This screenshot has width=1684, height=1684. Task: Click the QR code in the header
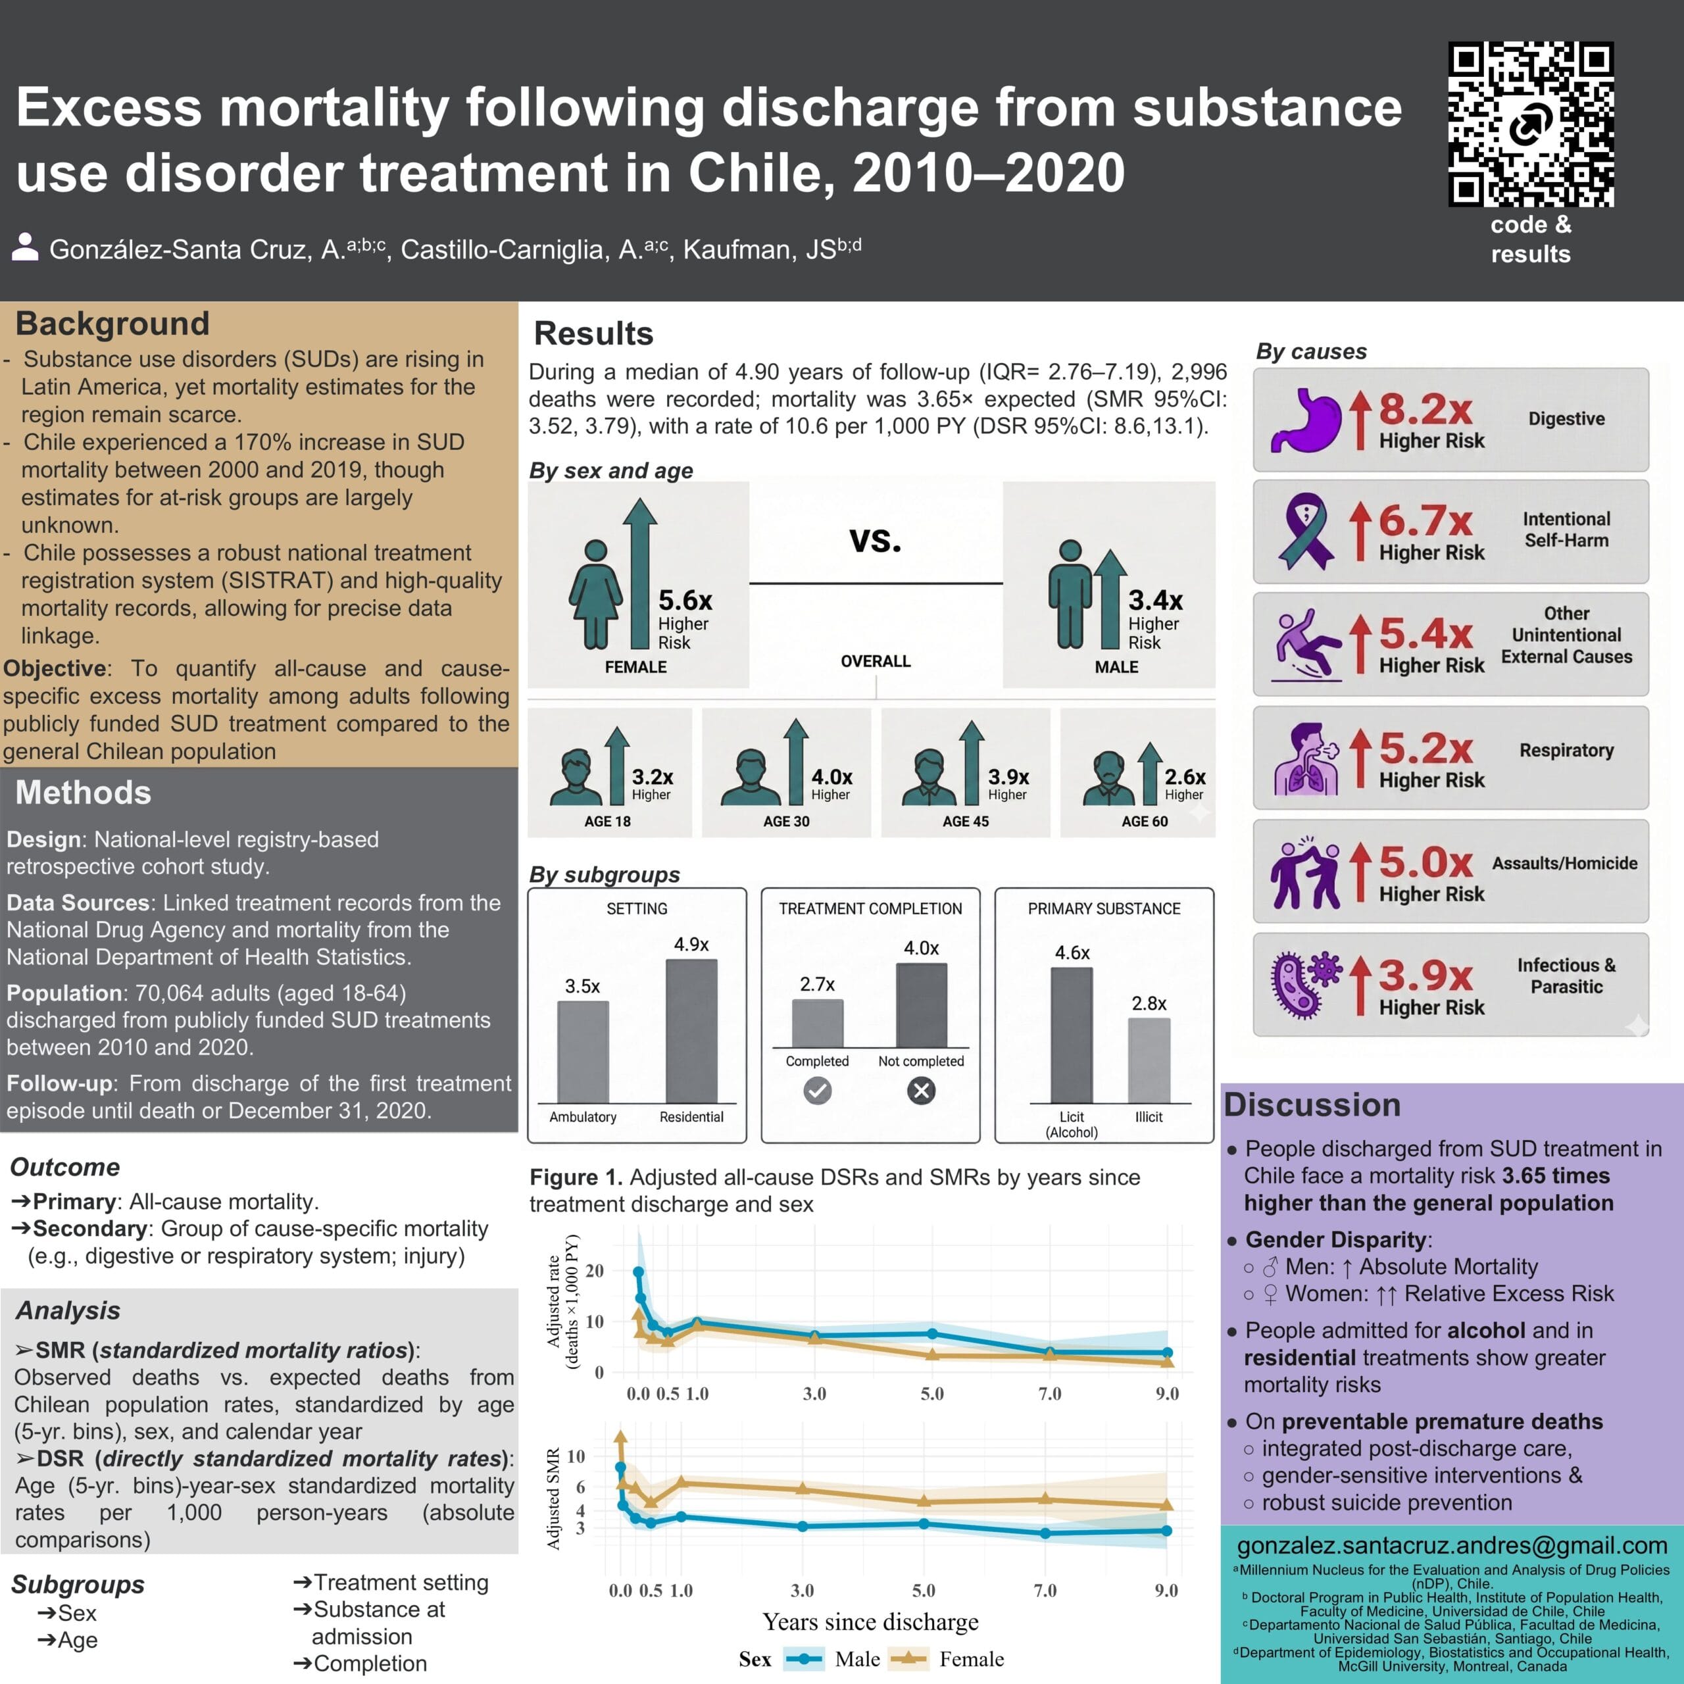click(x=1531, y=124)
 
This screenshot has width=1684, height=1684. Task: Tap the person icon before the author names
click(x=25, y=247)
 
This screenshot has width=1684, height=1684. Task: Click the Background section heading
click(x=112, y=324)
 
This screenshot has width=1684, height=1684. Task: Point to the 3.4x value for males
click(x=1155, y=600)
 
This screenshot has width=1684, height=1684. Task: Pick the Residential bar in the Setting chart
click(x=691, y=1031)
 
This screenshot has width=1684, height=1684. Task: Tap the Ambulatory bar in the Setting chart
click(x=583, y=1052)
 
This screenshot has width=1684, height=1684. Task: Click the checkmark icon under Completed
click(x=817, y=1091)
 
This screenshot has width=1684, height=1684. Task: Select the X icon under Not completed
click(x=920, y=1091)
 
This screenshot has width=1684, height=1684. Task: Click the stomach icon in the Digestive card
click(x=1305, y=420)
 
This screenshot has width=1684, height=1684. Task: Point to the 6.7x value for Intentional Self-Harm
click(x=1425, y=520)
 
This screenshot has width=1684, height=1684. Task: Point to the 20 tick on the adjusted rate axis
click(x=595, y=1271)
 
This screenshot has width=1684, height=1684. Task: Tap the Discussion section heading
click(x=1312, y=1104)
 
